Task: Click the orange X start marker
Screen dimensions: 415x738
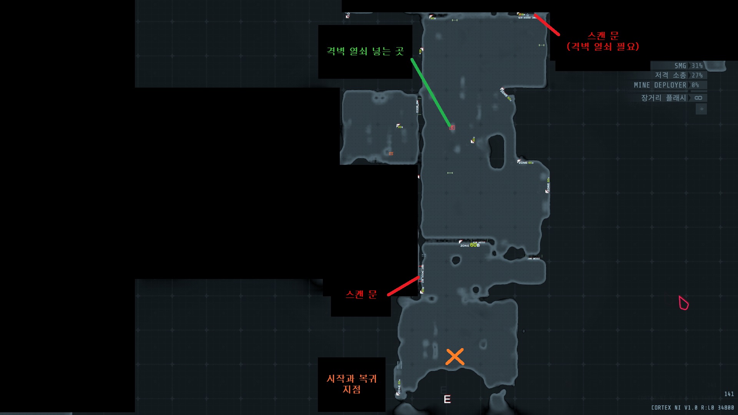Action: click(x=455, y=357)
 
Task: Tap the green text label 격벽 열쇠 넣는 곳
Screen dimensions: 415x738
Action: click(x=365, y=51)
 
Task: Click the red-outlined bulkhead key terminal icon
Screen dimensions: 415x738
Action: click(x=452, y=128)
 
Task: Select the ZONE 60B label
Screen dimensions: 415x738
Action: click(x=470, y=245)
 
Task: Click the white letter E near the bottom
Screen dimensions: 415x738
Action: click(x=447, y=400)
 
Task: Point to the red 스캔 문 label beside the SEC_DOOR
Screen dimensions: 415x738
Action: click(x=361, y=294)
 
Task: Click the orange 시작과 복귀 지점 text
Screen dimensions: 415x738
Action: click(x=351, y=384)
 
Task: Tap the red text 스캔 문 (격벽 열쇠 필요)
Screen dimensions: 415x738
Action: click(x=603, y=41)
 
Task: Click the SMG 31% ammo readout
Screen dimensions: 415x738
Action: click(x=688, y=66)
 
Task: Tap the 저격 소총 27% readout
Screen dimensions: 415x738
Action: click(x=679, y=75)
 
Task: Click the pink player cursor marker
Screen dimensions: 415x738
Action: click(x=683, y=303)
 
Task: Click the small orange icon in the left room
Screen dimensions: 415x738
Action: click(x=391, y=154)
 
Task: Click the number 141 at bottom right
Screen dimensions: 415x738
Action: click(x=729, y=394)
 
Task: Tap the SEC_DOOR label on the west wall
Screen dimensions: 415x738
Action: click(x=422, y=274)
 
